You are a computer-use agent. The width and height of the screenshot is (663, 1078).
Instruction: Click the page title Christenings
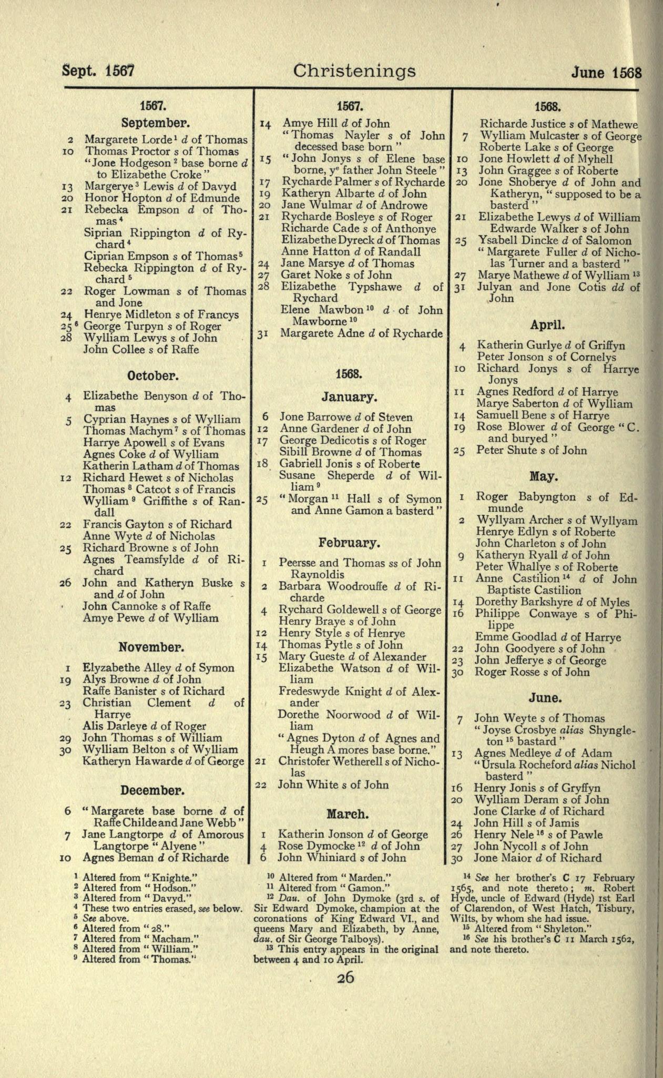[354, 71]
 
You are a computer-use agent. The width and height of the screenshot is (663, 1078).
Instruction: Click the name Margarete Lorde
[124, 140]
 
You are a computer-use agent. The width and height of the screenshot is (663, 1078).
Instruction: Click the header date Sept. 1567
[98, 71]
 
